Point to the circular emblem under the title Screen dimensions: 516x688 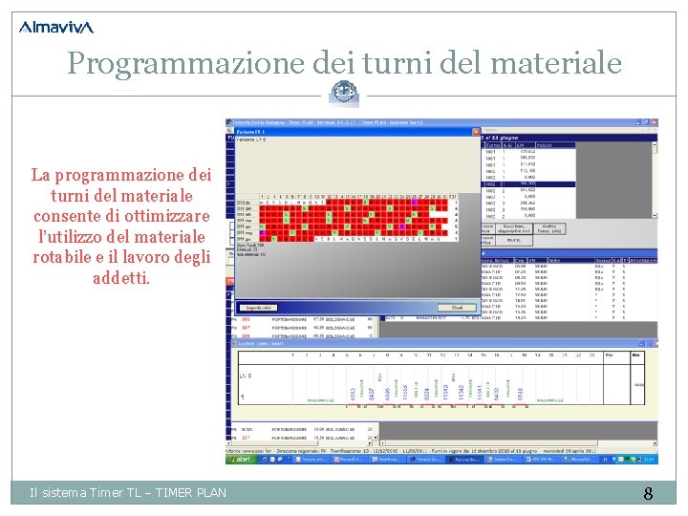coord(344,93)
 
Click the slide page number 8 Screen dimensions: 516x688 coord(648,493)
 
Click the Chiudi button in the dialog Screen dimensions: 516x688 coord(457,307)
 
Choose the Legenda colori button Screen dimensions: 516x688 coord(260,307)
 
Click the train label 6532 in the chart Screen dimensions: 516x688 coord(352,394)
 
